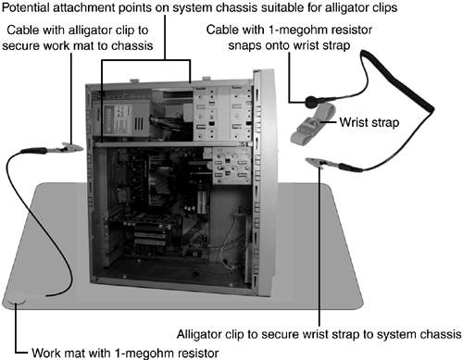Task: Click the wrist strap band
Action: pos(312,123)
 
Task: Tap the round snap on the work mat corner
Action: pos(17,300)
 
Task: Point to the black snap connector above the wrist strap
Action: pos(310,102)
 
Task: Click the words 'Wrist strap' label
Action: pos(369,122)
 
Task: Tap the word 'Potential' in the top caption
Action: pos(25,7)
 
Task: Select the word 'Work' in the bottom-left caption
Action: pos(44,353)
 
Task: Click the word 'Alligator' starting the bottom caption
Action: pos(199,334)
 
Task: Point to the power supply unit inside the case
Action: pos(123,118)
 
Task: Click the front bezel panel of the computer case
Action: pos(264,182)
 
